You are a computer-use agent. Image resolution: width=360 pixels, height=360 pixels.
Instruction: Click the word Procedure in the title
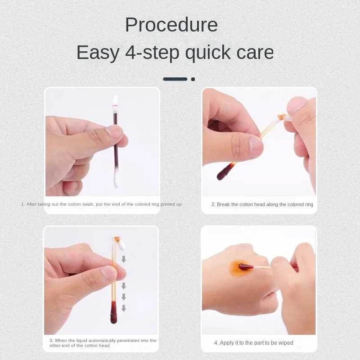(171, 25)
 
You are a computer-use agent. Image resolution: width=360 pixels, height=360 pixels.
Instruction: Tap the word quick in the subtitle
(208, 53)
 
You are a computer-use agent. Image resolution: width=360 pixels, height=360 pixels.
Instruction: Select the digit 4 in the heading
(130, 53)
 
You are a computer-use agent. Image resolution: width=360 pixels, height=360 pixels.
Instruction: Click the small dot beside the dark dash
(193, 79)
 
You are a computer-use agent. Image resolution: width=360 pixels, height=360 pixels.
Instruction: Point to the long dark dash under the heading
(175, 79)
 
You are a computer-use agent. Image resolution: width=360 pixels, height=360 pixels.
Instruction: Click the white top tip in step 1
(115, 100)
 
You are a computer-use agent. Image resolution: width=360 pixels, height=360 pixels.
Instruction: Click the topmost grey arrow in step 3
(123, 259)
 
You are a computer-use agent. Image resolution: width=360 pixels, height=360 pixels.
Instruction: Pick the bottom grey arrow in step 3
(123, 308)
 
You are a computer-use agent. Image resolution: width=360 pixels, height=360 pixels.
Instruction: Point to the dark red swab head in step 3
(113, 313)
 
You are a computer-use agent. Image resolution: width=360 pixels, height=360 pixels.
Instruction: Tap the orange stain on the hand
(240, 268)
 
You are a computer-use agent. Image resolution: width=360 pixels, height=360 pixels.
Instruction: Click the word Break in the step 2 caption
(223, 204)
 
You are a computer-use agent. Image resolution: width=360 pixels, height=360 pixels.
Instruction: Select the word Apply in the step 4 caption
(226, 343)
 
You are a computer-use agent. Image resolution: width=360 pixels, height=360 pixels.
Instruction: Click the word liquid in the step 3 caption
(81, 341)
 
